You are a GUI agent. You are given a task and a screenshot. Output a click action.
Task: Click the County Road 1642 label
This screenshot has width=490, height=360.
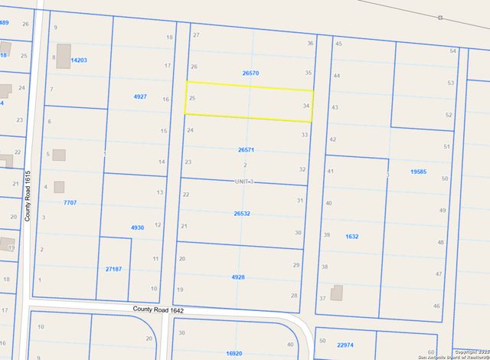coord(158,309)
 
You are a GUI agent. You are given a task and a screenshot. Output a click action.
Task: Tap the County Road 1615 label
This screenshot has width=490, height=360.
coord(27,196)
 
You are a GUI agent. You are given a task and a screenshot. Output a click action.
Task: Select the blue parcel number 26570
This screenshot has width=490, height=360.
coord(250,73)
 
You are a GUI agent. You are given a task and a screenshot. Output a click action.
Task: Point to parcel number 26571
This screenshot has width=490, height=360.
coord(246,150)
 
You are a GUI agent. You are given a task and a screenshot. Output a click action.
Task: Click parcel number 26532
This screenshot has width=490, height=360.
coord(243,214)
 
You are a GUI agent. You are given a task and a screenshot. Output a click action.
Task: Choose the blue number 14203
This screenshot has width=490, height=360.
coord(79,59)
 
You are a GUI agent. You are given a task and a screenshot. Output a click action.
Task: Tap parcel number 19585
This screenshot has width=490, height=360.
coord(418,172)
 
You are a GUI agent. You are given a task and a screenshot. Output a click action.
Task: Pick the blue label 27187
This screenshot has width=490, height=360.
coord(113,269)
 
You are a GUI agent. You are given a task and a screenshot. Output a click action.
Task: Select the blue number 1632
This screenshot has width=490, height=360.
coord(351,237)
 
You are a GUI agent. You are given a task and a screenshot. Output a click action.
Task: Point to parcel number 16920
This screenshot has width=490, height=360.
coord(234,353)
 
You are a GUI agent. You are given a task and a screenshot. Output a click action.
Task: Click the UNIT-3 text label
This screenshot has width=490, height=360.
coord(243,182)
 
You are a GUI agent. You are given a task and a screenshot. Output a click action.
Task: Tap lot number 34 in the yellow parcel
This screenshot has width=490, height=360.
coord(306,106)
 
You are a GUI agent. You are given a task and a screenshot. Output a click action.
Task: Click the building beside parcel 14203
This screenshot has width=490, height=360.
coord(61,51)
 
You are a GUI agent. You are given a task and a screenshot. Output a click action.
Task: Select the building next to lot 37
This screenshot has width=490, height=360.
coord(337,293)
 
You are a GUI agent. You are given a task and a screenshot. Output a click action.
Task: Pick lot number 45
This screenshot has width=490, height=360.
coord(338,44)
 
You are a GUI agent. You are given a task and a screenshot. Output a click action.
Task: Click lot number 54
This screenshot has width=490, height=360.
coord(453,51)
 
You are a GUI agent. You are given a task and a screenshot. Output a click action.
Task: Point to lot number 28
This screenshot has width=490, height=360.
coord(294,295)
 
